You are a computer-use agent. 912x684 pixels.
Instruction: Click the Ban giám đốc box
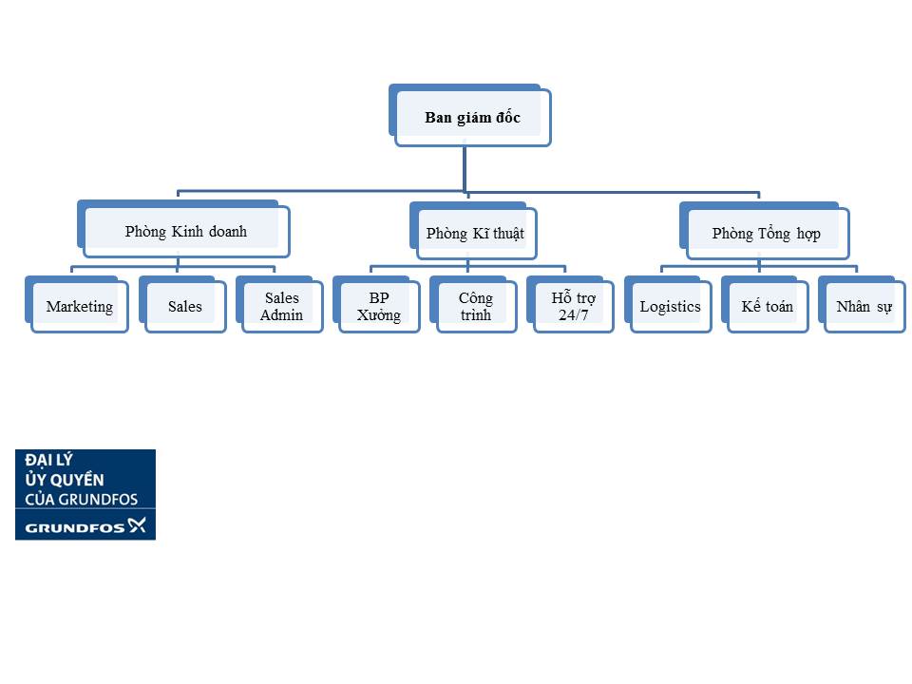coord(470,115)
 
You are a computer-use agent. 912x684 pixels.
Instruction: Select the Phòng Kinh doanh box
coord(183,229)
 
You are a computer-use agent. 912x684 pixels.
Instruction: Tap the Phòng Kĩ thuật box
coord(473,231)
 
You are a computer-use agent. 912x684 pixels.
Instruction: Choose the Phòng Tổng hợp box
coord(765,231)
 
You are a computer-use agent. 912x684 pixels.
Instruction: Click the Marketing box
coord(77,304)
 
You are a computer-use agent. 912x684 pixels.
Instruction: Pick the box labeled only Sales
coord(182,304)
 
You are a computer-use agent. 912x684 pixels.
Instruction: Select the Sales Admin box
coord(279,304)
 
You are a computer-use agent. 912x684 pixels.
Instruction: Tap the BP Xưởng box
coord(377,304)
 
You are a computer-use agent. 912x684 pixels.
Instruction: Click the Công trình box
coord(473,304)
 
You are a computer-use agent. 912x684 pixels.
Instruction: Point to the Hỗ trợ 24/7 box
coord(571,304)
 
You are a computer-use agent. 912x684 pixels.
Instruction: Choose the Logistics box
coord(668,304)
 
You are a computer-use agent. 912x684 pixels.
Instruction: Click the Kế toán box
coord(766,304)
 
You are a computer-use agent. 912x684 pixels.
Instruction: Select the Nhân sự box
coord(863,304)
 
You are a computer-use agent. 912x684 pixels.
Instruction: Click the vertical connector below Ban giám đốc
coord(465,169)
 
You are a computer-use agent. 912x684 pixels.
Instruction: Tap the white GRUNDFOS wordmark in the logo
coord(74,528)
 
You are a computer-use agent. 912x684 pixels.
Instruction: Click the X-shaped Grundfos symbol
coord(137,525)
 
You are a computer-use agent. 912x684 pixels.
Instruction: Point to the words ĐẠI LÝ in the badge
coord(48,460)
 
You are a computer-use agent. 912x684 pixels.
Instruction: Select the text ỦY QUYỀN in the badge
coord(65,479)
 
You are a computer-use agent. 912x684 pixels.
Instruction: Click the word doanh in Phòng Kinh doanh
coord(227,232)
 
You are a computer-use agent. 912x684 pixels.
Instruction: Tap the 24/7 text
coord(574,315)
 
